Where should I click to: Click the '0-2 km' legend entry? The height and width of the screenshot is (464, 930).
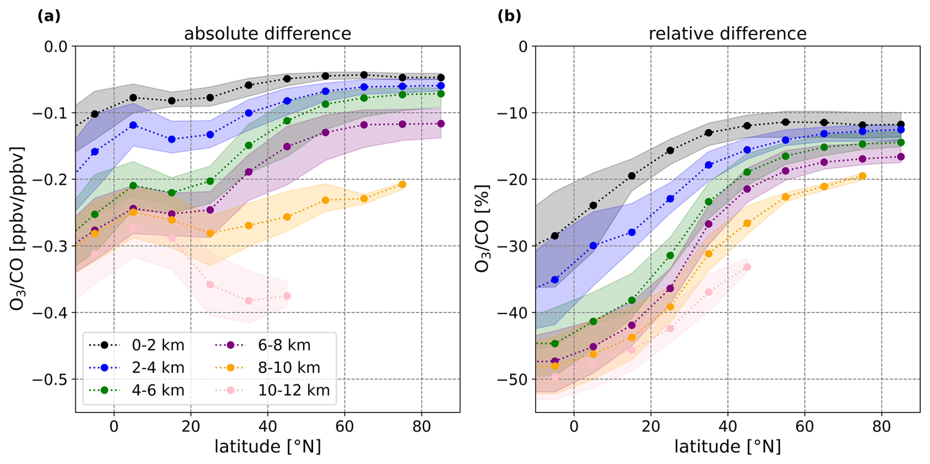(158, 345)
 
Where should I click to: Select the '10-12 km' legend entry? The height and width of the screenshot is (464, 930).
(293, 390)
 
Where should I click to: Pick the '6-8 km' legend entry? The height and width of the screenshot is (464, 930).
(284, 345)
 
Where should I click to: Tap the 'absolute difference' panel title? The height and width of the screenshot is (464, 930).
(267, 34)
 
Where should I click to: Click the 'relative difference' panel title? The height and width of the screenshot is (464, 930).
(727, 34)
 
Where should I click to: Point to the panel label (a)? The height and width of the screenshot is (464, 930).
(49, 16)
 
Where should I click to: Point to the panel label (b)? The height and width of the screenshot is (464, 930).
(509, 16)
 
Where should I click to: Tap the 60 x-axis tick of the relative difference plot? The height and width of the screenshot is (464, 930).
(805, 426)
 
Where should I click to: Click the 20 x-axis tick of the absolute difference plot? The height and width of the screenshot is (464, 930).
(191, 426)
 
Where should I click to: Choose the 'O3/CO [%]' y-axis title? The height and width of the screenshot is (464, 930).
(483, 228)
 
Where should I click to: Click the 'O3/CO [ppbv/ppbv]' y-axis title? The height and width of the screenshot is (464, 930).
(17, 228)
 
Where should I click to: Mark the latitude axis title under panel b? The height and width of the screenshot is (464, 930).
(727, 447)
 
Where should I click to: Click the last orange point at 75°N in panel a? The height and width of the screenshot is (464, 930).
(402, 184)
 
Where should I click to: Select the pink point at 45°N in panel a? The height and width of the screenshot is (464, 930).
(287, 296)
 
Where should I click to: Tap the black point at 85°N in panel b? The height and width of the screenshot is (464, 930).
(901, 125)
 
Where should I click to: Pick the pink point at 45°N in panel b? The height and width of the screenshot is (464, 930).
(747, 267)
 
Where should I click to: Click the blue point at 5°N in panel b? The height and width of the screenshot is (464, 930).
(593, 246)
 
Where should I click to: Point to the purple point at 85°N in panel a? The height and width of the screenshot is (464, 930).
(441, 124)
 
